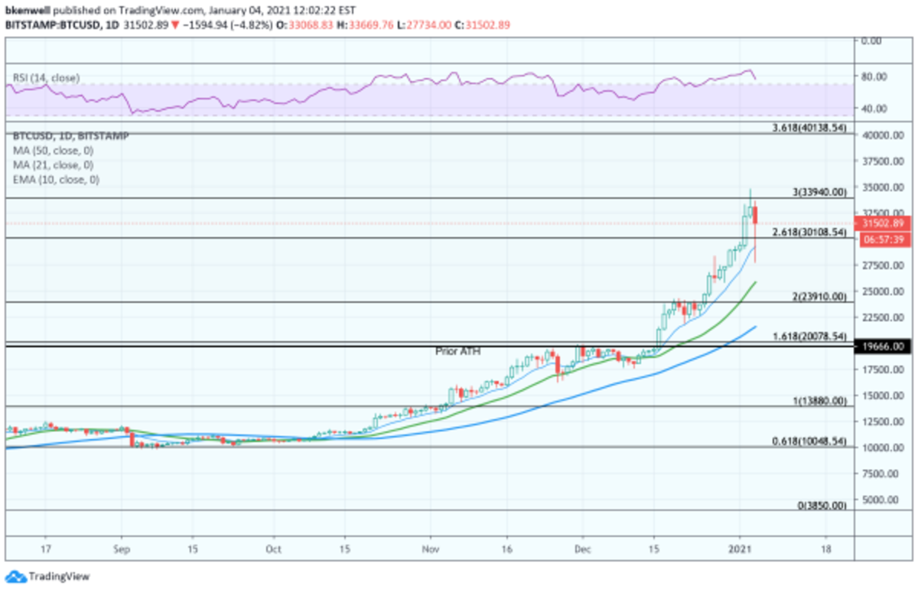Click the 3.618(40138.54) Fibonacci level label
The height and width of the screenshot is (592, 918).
coord(809,128)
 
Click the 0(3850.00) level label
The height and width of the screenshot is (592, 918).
coord(822,506)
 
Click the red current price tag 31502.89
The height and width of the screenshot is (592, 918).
coord(884,223)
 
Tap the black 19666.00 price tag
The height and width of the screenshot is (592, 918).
coord(884,346)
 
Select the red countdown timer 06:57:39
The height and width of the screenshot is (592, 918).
coord(884,239)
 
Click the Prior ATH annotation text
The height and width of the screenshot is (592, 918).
coord(457,351)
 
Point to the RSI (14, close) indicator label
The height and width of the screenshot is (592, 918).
coord(46,78)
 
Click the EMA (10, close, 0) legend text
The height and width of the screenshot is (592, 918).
coord(56,180)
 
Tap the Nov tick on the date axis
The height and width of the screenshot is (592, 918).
coord(432,549)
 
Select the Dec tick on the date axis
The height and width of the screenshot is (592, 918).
coord(583,549)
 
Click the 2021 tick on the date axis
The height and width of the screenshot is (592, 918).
coord(740,549)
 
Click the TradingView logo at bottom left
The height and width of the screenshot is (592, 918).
coord(47,576)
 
